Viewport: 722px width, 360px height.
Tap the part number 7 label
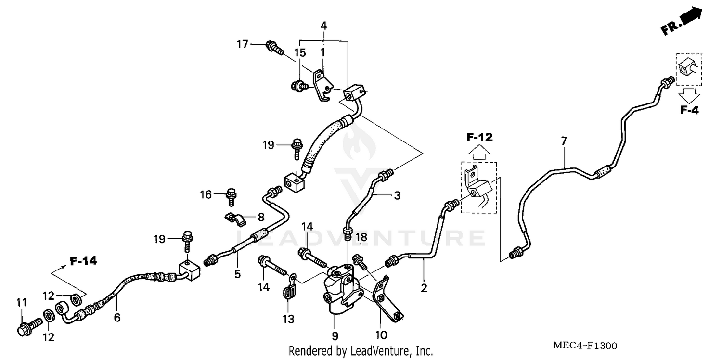(x=564, y=141)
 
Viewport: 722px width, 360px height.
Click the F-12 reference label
(x=479, y=138)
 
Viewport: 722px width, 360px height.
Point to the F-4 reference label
(x=689, y=110)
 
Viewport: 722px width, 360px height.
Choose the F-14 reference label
(x=83, y=261)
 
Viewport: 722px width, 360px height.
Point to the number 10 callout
(x=381, y=334)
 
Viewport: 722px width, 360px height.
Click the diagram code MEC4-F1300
(x=585, y=346)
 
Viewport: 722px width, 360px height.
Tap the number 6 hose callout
(x=117, y=317)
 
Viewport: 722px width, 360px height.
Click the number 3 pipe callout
(x=397, y=195)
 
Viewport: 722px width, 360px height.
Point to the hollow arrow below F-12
(x=479, y=153)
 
